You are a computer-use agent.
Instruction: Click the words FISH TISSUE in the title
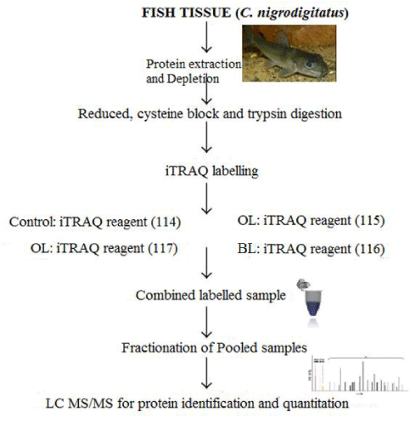[x=187, y=13]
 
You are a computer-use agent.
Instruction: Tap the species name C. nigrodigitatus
[x=292, y=14]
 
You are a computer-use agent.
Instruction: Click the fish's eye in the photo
[x=310, y=64]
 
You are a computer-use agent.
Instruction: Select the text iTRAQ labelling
[x=211, y=171]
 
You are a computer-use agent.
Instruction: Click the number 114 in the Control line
[x=166, y=222]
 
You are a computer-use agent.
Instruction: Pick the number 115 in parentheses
[x=370, y=221]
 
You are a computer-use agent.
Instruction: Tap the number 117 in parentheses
[x=163, y=248]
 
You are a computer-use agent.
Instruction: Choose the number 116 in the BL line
[x=370, y=249]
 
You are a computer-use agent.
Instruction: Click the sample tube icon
[x=310, y=301]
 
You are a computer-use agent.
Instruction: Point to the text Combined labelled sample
[x=211, y=296]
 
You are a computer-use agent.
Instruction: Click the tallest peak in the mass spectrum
[x=363, y=376]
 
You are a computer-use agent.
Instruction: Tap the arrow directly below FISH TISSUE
[x=206, y=37]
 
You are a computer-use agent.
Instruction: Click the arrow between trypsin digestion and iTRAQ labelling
[x=206, y=138]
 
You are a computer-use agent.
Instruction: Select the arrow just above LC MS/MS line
[x=206, y=373]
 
